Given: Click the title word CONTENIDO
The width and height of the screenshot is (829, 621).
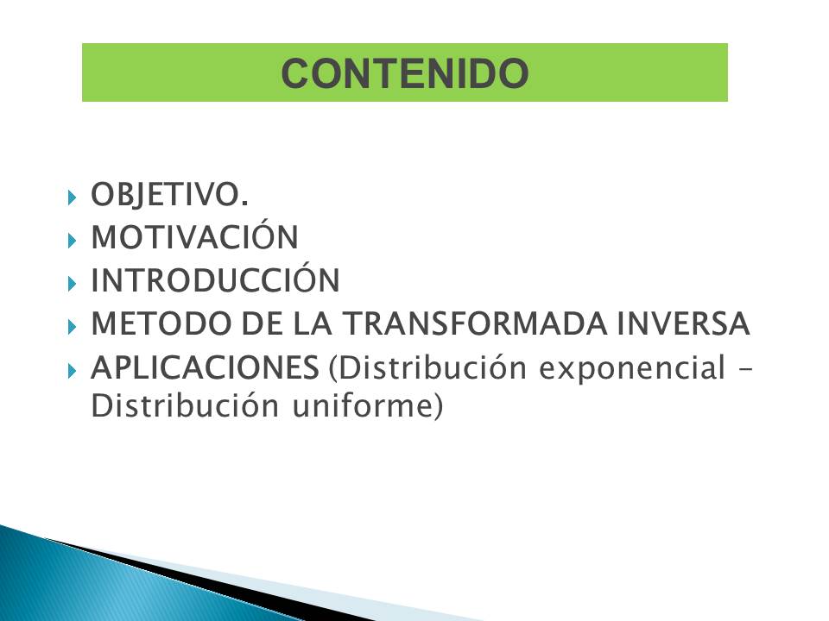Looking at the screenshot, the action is [x=405, y=72].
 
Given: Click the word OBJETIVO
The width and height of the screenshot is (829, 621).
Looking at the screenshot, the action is [x=170, y=194].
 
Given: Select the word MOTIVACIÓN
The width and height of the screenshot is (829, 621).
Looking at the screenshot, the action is [x=195, y=235].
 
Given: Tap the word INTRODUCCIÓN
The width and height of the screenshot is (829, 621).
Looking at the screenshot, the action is [x=215, y=279].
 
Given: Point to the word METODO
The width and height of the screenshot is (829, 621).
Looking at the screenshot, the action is [x=161, y=323].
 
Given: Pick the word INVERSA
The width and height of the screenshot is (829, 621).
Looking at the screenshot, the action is [x=683, y=323].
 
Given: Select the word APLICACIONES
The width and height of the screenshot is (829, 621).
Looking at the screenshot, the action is [x=206, y=367].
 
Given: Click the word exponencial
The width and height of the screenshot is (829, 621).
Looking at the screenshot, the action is [x=632, y=368].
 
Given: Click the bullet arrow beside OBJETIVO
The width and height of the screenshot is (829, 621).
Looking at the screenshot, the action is [x=73, y=198].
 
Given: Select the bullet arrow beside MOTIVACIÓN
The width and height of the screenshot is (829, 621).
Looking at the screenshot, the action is [x=73, y=241].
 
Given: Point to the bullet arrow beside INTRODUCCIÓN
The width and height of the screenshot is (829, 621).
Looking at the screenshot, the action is [x=73, y=284].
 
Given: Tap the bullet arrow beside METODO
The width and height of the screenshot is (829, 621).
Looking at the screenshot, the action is [x=73, y=328].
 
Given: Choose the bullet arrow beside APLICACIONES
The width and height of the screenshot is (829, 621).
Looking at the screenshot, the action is [x=73, y=371].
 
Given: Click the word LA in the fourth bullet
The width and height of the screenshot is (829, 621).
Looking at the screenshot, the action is [x=313, y=323].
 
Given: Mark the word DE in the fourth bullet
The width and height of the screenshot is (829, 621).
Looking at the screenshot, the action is [x=263, y=323].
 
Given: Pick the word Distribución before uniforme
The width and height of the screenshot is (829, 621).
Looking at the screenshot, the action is [x=185, y=405].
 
